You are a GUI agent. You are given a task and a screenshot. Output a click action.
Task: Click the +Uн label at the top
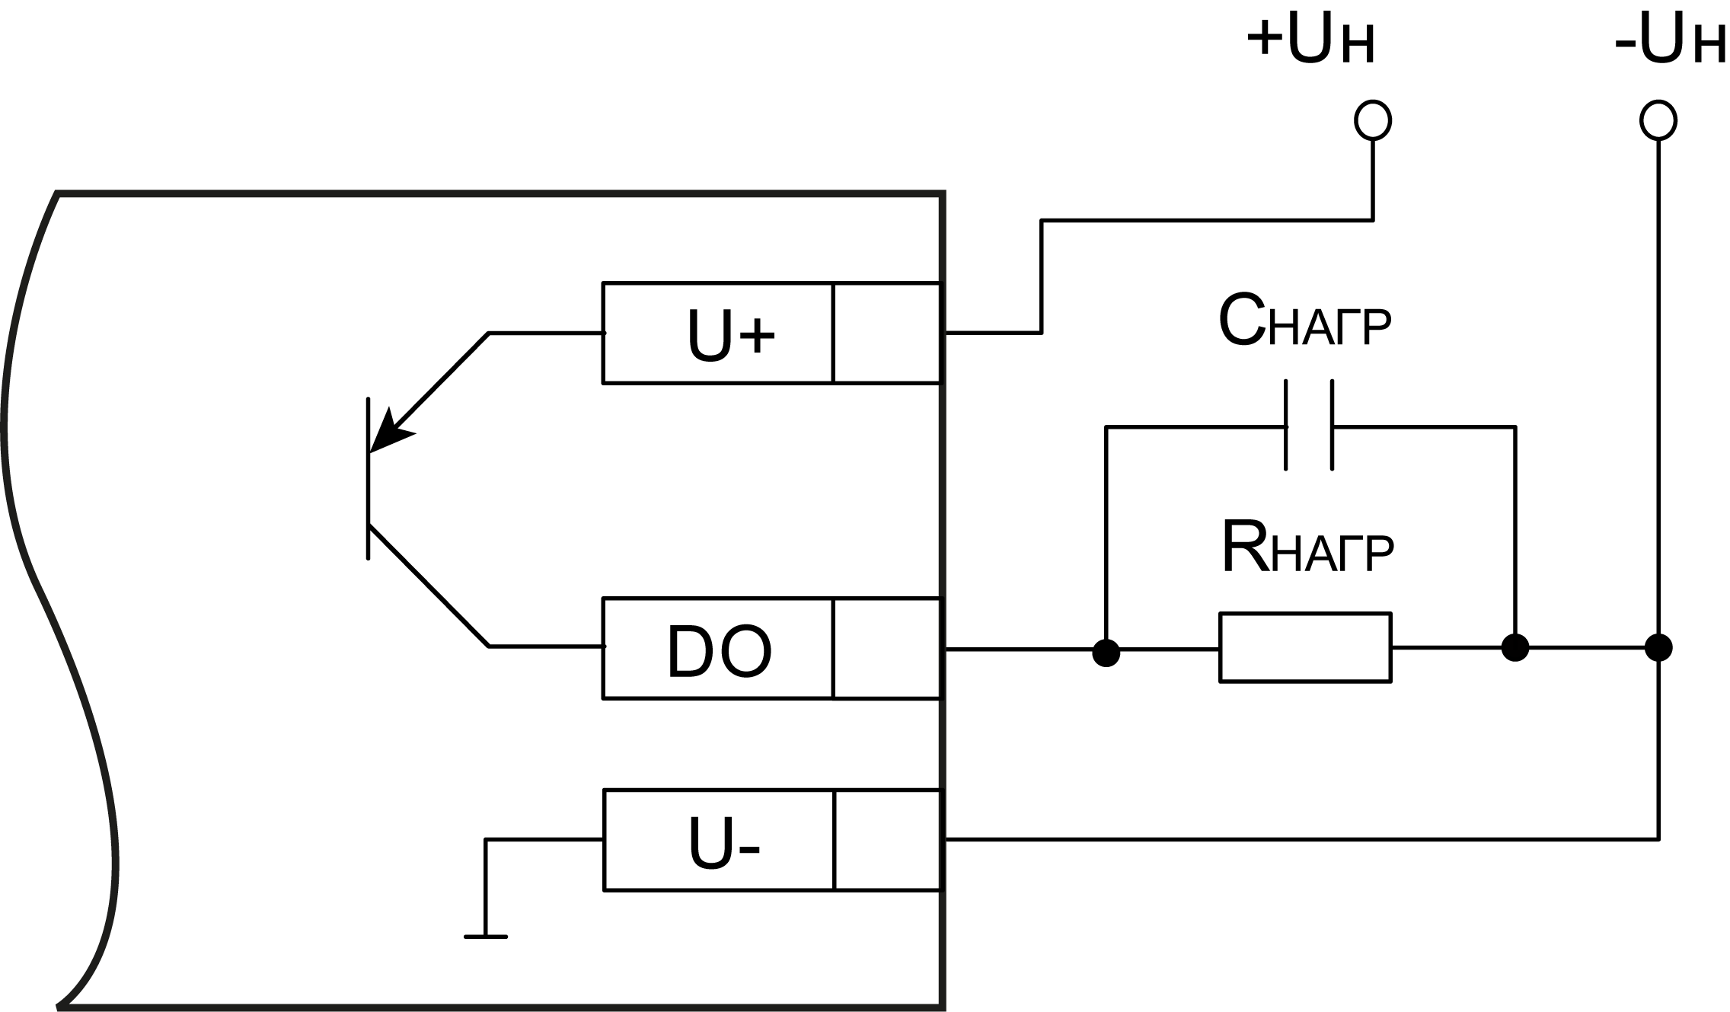pos(1310,40)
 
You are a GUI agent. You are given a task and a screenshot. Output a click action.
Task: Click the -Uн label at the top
pos(1669,40)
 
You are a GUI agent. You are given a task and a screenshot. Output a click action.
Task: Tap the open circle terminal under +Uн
pos(1373,120)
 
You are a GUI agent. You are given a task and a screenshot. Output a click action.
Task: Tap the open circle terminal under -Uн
pos(1658,120)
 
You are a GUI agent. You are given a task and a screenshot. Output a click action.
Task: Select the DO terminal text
pos(719,652)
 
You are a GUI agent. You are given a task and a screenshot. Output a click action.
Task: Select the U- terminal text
pos(723,844)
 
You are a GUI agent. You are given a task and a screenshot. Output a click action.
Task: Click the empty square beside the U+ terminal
pos(887,333)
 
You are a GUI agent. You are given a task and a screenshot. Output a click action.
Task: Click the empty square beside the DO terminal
pos(887,648)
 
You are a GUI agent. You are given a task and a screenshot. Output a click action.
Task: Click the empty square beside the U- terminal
pos(888,840)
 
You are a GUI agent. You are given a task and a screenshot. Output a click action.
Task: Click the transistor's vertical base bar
pos(369,478)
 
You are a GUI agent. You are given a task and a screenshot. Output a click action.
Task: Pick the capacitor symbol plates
pos(1309,426)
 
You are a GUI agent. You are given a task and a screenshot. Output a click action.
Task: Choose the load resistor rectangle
pos(1305,647)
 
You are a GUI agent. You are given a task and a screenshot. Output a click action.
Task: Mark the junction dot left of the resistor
pos(1106,652)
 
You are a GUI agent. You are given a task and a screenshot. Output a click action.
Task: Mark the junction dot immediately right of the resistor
pos(1515,648)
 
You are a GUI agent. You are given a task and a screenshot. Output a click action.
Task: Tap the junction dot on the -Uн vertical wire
pos(1658,648)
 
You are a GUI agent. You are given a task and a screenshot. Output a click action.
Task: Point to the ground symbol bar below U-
pos(485,937)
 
